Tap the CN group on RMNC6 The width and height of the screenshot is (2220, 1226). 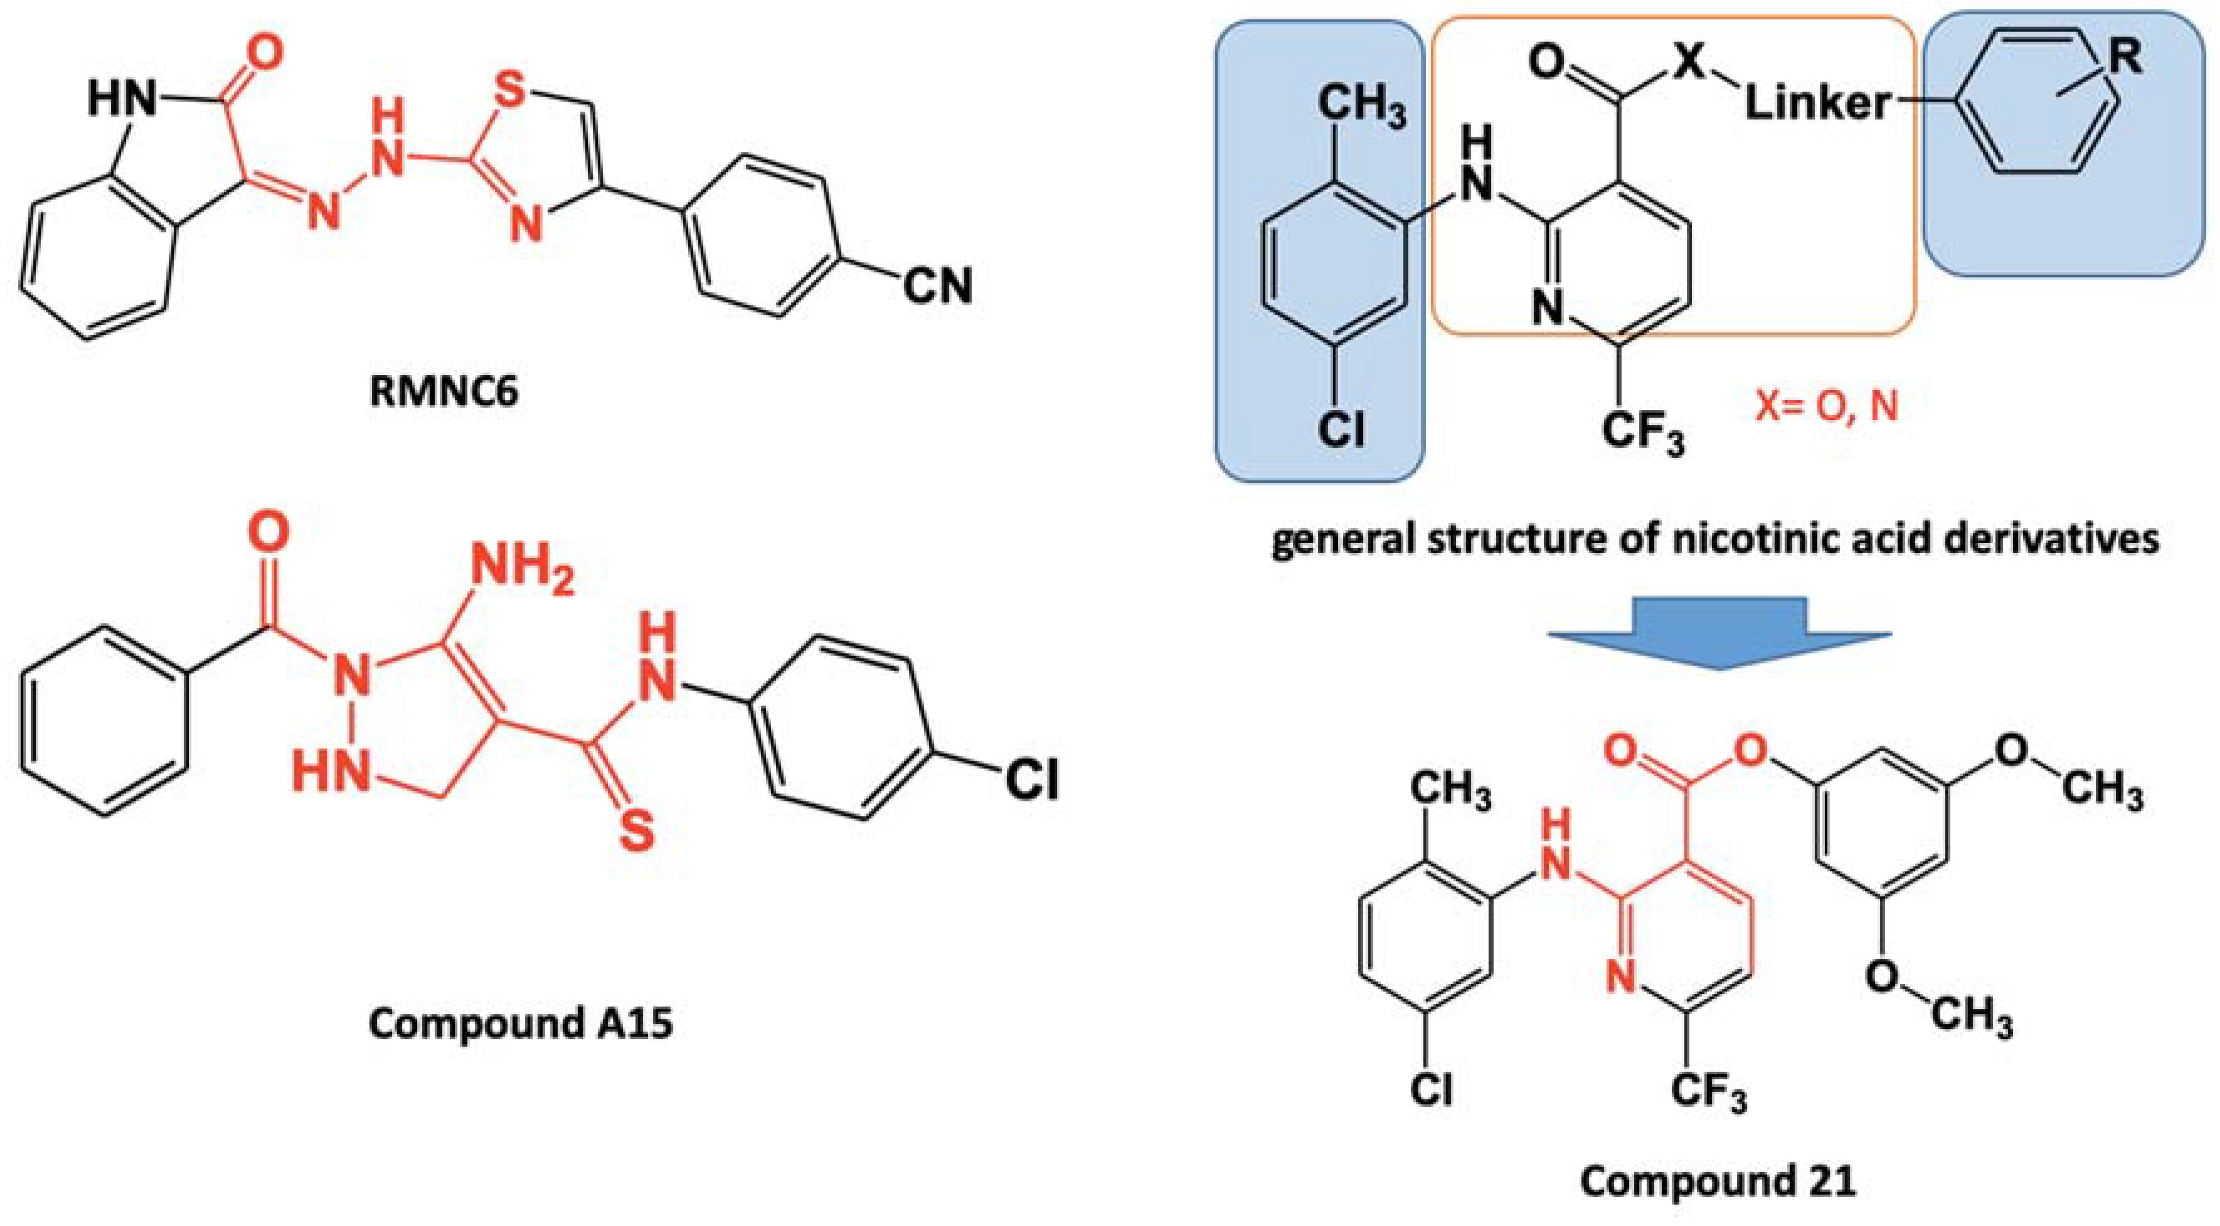938,286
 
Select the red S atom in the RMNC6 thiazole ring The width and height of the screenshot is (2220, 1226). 509,90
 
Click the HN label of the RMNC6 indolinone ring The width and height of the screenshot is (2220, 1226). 122,100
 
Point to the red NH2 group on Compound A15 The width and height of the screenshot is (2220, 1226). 521,569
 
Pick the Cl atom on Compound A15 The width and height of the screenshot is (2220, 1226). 1031,779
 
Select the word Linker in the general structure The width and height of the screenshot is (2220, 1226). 1817,104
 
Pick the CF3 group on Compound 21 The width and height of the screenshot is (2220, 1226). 1708,1090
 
